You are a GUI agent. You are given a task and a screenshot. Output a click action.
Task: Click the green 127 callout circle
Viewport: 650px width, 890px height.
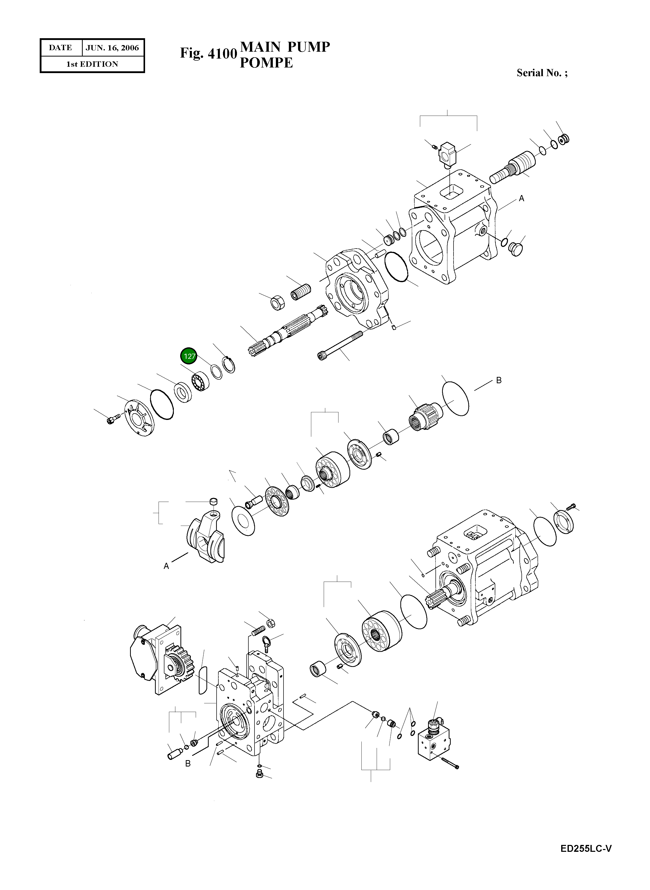click(x=190, y=356)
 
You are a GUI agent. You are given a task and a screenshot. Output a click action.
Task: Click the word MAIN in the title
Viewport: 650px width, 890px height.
click(x=260, y=47)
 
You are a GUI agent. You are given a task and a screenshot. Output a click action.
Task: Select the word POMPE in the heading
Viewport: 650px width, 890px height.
click(x=266, y=63)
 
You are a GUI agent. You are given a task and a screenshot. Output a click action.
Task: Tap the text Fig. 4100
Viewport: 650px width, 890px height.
click(x=208, y=53)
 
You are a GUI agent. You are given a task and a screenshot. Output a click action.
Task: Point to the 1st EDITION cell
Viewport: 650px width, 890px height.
click(x=92, y=64)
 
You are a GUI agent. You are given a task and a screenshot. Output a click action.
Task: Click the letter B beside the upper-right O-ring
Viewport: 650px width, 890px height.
click(x=499, y=381)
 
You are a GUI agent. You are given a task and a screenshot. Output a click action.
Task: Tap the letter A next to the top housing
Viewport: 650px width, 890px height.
click(x=521, y=199)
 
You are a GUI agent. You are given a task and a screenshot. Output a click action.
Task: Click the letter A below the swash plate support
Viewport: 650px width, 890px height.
click(x=166, y=566)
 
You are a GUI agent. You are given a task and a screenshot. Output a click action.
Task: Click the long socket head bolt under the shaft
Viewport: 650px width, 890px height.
click(x=340, y=345)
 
